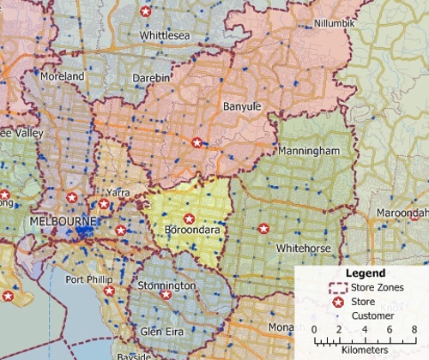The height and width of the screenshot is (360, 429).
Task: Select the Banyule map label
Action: point(241,106)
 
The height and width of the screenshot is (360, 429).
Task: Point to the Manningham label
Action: point(304,150)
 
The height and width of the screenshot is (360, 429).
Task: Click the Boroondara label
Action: point(191,231)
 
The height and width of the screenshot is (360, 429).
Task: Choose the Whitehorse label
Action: point(304,248)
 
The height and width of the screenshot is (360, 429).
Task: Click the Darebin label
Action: point(153,78)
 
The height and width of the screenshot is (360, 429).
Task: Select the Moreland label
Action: point(63,76)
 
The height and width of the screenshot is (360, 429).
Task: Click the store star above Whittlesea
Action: point(146,12)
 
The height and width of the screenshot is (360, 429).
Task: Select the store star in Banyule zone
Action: point(197,142)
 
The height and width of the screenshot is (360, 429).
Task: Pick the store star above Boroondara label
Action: point(189,218)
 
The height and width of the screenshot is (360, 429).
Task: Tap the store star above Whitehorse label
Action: point(263,229)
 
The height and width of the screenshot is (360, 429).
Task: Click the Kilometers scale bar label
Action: point(366,350)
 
